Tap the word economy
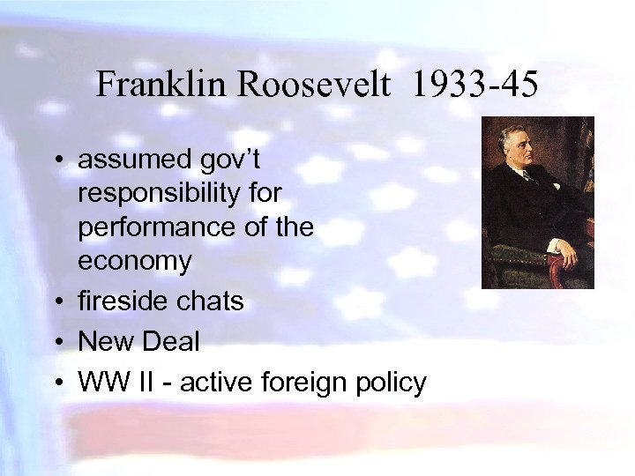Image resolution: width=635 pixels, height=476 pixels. coord(134,261)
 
